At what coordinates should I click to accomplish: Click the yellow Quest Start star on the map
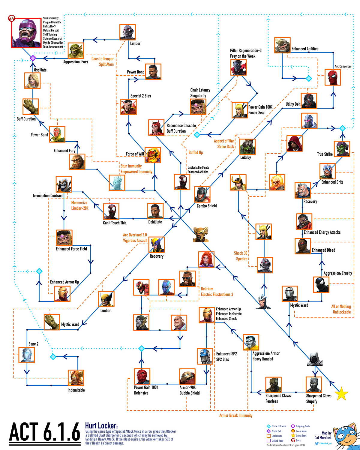point(341,394)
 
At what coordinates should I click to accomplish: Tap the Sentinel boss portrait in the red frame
point(26,33)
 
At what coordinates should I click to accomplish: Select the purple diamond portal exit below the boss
point(33,58)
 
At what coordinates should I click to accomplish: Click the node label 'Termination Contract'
point(48,196)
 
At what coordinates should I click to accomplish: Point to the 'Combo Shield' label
point(206,206)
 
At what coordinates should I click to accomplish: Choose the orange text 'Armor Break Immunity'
point(235,415)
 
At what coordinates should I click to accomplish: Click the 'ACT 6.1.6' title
point(45,432)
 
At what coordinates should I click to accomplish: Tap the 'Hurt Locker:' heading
point(101,425)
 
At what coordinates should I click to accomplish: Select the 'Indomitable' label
point(76,390)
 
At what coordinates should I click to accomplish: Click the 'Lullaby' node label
point(245,157)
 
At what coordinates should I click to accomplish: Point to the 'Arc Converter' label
point(343,66)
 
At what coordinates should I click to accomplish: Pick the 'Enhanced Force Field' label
point(71,249)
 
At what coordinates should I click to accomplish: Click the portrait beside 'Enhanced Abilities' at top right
point(282,45)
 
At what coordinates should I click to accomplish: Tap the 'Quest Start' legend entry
point(301,436)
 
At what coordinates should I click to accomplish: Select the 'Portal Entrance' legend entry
point(278,426)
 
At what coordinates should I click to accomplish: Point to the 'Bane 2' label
point(33,344)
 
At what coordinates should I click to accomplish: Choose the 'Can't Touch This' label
point(115,223)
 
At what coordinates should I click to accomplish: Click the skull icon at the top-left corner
point(12,18)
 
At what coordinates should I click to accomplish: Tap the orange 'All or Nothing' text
point(341,306)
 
